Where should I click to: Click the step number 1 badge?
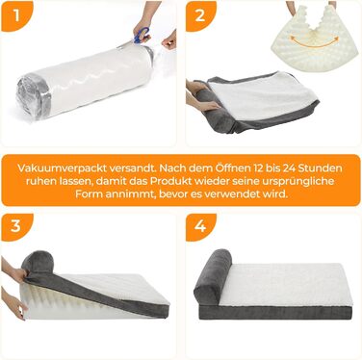tap(16, 15)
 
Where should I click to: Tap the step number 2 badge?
tap(200, 15)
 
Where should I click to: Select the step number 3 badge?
tap(16, 226)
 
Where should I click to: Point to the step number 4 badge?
tap(200, 226)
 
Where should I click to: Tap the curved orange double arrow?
tap(315, 41)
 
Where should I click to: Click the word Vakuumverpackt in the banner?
tap(62, 168)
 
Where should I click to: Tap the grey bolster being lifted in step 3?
tap(38, 262)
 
